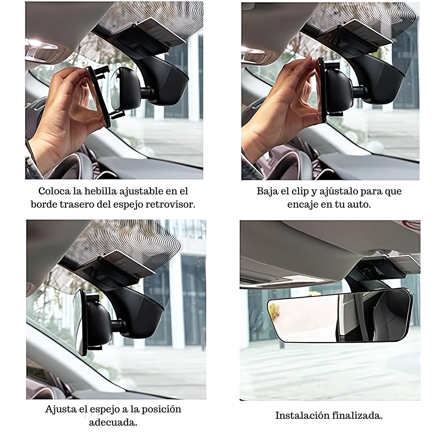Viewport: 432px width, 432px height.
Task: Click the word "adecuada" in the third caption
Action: [113, 422]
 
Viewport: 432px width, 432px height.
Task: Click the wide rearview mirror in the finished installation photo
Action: [340, 316]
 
